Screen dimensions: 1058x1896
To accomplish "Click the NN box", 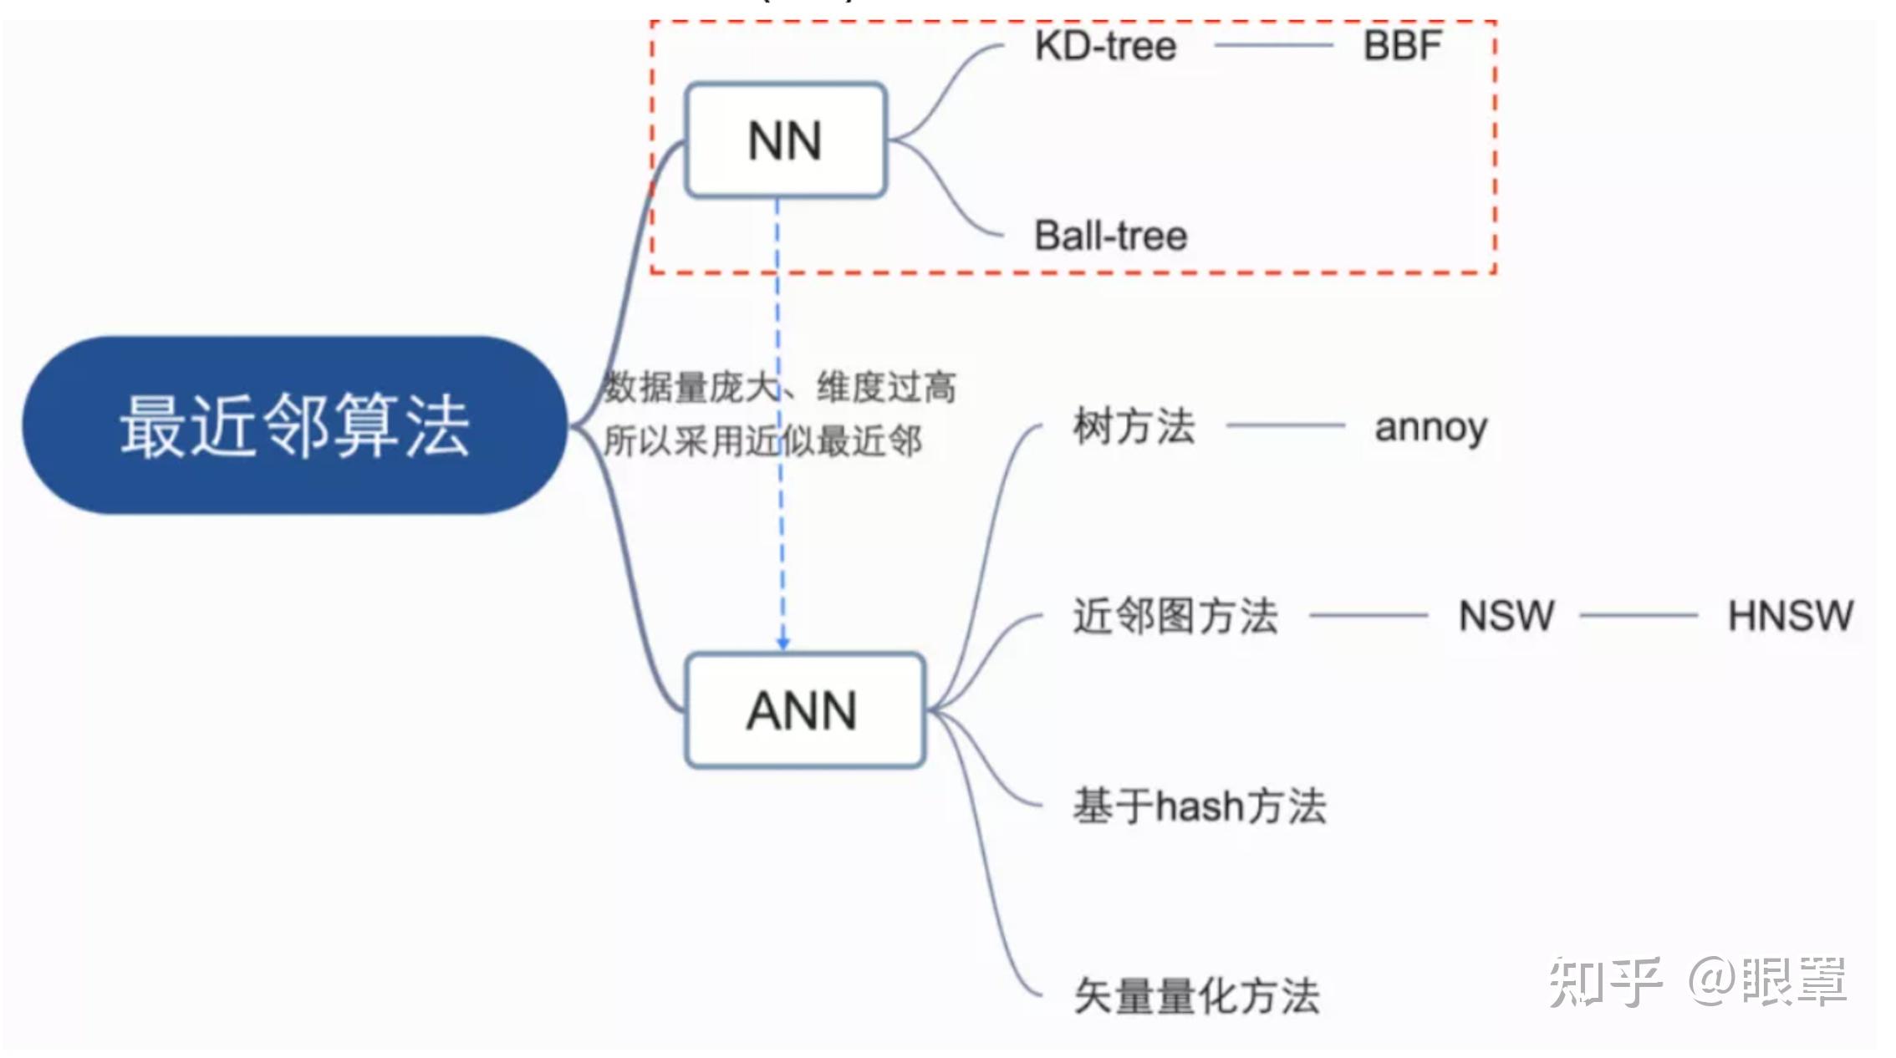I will click(785, 140).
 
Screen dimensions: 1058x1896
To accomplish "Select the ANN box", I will click(803, 710).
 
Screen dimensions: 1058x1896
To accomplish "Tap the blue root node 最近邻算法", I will click(294, 425).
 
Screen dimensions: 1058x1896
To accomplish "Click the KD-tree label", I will click(1105, 46).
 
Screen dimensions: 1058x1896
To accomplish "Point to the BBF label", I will click(1402, 46).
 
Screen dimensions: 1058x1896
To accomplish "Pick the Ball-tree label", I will click(1110, 236).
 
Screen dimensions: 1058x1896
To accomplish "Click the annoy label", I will click(1430, 427).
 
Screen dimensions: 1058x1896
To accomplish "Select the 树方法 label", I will click(1134, 426).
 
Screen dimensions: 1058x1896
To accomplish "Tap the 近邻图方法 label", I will click(1175, 616).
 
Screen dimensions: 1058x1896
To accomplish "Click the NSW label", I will click(1506, 616).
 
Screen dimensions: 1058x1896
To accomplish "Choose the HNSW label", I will click(1790, 616).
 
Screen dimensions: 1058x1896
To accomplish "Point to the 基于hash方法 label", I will click(1199, 806).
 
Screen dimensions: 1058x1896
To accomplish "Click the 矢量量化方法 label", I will click(1196, 996).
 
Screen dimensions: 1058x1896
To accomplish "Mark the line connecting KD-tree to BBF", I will click(1272, 46).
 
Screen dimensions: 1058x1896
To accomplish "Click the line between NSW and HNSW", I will click(1638, 616).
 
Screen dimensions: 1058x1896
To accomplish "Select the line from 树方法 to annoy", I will click(1285, 426).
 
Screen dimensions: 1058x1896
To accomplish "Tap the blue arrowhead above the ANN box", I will click(782, 643).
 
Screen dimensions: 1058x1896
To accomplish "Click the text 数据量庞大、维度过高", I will click(779, 388).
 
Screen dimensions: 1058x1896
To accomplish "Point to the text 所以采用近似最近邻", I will click(762, 441).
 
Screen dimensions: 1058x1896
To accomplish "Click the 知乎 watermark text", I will click(1604, 981).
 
